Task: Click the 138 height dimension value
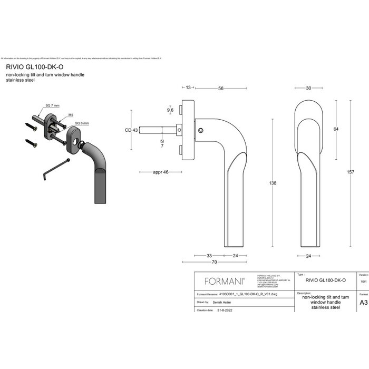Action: point(273,183)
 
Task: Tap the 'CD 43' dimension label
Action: point(131,130)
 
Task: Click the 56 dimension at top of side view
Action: point(221,89)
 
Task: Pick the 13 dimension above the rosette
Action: point(188,89)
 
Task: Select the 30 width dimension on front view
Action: point(308,89)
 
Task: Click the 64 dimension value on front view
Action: point(336,129)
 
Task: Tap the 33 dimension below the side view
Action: point(209,255)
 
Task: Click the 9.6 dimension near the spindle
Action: point(170,110)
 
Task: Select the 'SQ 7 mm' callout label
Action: point(52,106)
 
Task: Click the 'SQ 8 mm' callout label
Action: point(82,123)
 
